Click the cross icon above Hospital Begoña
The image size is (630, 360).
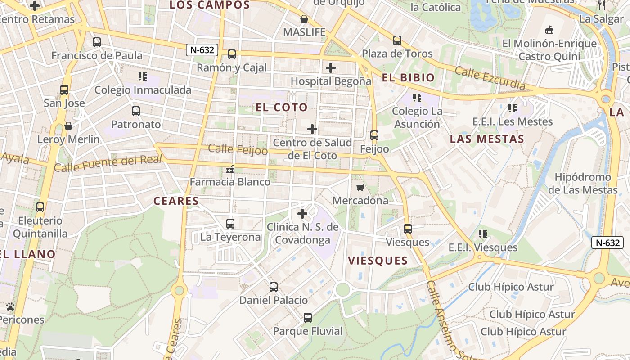(331, 68)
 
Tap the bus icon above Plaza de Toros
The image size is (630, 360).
(397, 40)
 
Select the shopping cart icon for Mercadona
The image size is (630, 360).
(360, 187)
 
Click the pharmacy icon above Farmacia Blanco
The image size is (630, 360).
(230, 169)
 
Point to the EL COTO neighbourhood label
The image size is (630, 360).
(282, 108)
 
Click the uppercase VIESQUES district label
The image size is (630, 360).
(378, 261)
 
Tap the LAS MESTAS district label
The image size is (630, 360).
(487, 139)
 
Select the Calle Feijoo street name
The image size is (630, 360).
(238, 150)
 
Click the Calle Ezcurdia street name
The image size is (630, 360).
(490, 78)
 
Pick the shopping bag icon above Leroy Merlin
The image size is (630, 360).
(68, 126)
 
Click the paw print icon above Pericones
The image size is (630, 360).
(10, 306)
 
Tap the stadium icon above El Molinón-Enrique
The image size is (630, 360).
(549, 30)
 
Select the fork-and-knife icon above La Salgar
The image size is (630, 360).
(602, 5)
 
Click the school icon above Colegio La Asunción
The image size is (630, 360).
(417, 97)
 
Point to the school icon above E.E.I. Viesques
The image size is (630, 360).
(483, 234)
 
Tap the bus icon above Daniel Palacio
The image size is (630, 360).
(273, 287)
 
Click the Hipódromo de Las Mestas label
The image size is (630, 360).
(583, 184)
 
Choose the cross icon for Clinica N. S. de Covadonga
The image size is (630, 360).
(302, 214)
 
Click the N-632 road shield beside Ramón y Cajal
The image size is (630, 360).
(202, 50)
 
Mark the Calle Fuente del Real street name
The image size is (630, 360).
(108, 163)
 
